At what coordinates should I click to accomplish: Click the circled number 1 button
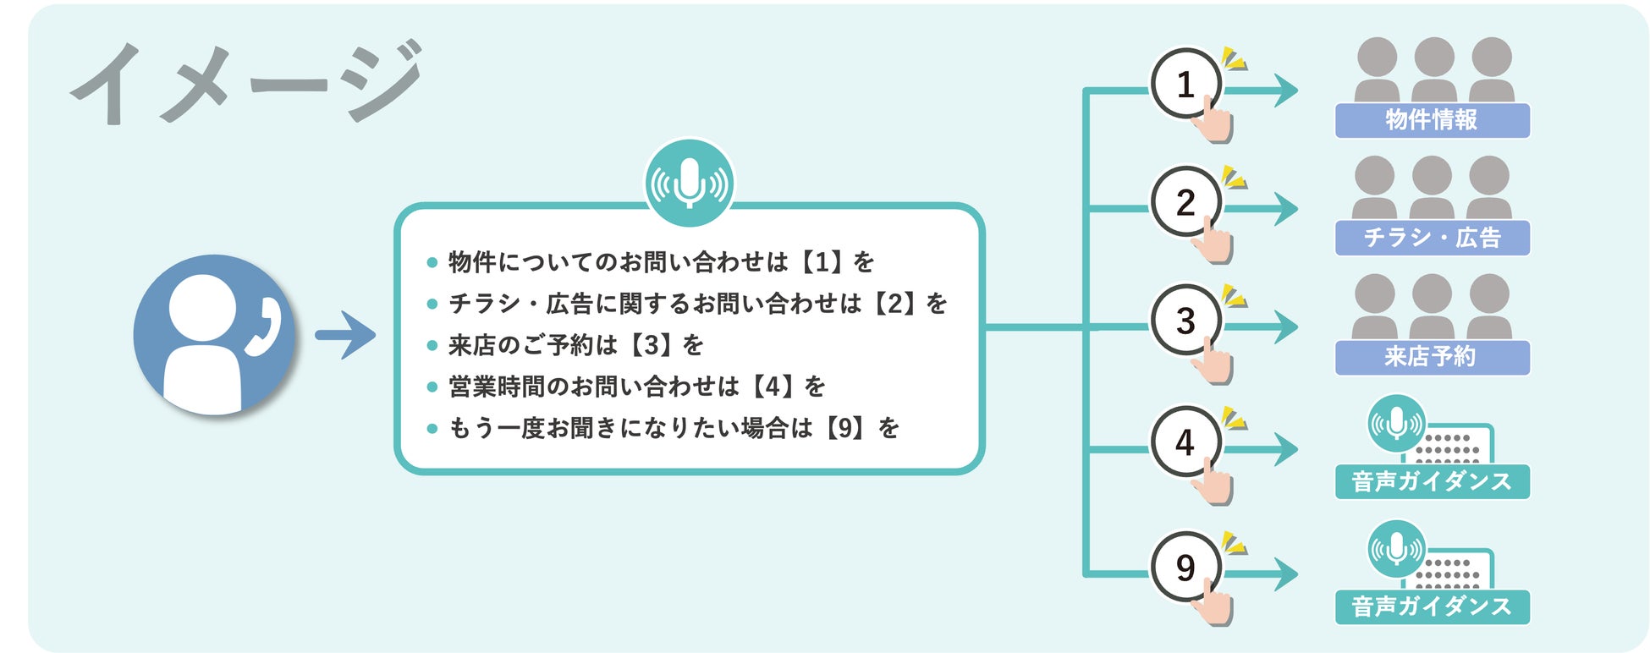[x=1185, y=84]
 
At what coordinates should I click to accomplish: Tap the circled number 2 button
[x=1185, y=202]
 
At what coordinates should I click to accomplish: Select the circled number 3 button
[x=1185, y=321]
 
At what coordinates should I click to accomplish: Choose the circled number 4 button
[x=1185, y=442]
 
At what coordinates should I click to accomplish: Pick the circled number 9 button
[x=1185, y=567]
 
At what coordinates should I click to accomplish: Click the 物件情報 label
[x=1432, y=120]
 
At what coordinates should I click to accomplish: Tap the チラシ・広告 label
[x=1432, y=238]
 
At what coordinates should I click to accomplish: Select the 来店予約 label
[x=1432, y=357]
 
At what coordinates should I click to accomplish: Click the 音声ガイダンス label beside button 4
[x=1432, y=481]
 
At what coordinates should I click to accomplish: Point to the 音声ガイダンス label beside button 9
[x=1432, y=606]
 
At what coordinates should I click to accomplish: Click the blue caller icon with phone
[x=214, y=335]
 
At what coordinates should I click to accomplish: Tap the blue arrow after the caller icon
[x=345, y=335]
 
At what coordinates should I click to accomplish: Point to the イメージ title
[x=245, y=82]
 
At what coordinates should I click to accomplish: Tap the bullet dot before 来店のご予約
[x=432, y=345]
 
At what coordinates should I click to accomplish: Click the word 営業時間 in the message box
[x=496, y=387]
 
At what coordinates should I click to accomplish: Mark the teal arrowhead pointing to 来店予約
[x=1285, y=326]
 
